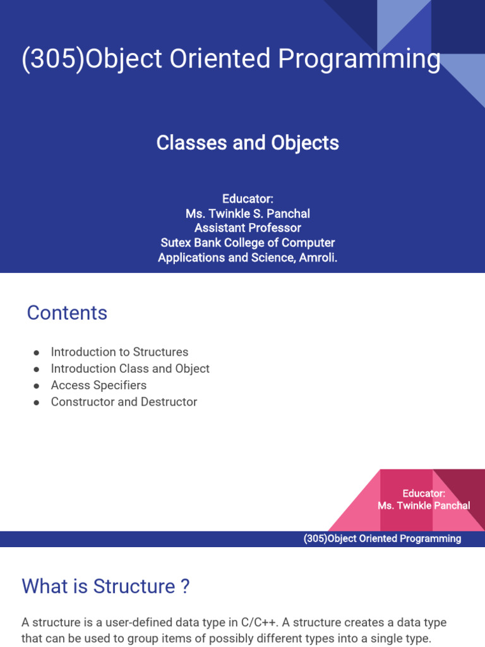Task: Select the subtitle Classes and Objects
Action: [248, 143]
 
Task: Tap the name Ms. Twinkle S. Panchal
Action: [248, 213]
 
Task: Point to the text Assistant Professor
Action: [248, 228]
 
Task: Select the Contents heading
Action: [67, 313]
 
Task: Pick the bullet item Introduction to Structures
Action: [119, 352]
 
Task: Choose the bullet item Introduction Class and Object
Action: [130, 368]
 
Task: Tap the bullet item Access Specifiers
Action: [99, 385]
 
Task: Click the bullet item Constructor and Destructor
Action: [124, 402]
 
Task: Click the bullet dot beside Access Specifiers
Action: [37, 385]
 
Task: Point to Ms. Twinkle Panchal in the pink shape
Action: [424, 505]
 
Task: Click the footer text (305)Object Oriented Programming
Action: [382, 539]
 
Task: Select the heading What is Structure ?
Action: [105, 586]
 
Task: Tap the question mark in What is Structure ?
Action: [184, 586]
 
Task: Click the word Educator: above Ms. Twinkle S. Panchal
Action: [248, 198]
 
